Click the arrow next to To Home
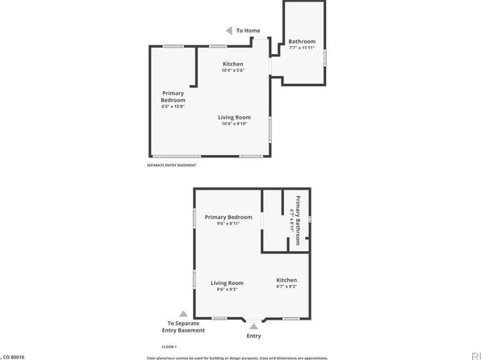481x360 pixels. pos(228,31)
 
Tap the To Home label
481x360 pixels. pos(248,31)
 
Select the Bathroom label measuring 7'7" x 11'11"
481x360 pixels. pos(302,44)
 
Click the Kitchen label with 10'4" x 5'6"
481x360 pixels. pos(232,67)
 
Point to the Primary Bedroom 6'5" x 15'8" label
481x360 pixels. pos(174,99)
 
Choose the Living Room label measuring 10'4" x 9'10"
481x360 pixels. pos(234,120)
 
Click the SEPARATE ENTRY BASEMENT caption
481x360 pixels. pos(171,165)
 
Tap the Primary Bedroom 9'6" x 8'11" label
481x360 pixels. pos(228,220)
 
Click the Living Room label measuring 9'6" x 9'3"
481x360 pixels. pos(228,286)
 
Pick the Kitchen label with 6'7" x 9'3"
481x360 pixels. pos(287,283)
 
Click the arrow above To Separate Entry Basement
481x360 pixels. pos(183,314)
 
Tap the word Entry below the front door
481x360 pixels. pos(253,336)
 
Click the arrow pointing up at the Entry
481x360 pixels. pos(253,324)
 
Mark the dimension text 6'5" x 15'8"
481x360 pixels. pos(174,107)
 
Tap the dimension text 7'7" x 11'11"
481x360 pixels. pos(302,48)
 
